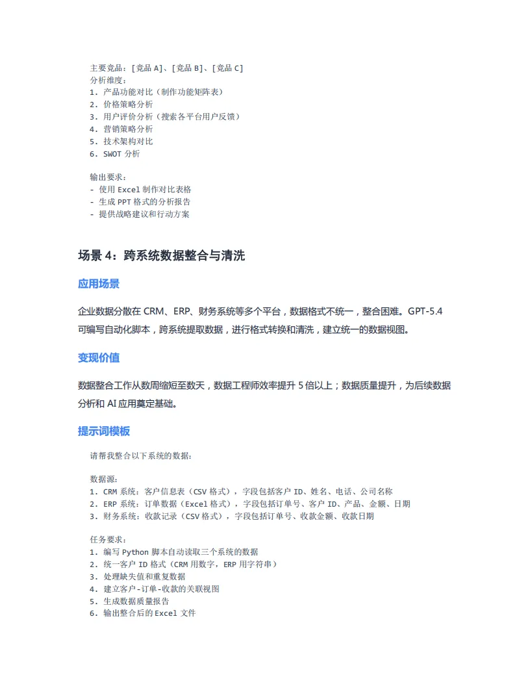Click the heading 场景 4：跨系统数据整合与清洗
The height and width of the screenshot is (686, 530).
pyautogui.click(x=161, y=256)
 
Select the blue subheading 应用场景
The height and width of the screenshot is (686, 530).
pyautogui.click(x=99, y=284)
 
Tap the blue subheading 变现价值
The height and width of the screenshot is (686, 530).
pyautogui.click(x=99, y=358)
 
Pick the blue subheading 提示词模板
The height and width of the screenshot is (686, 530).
pyautogui.click(x=104, y=431)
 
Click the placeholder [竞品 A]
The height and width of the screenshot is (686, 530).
pyautogui.click(x=149, y=68)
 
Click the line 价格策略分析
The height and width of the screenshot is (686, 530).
pyautogui.click(x=128, y=105)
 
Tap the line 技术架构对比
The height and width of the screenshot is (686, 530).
pyautogui.click(x=128, y=142)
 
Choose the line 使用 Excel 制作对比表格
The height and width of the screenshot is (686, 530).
pyautogui.click(x=145, y=189)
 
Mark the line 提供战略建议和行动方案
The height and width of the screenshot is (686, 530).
pyautogui.click(x=144, y=214)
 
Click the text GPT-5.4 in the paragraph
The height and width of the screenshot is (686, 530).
pyautogui.click(x=425, y=311)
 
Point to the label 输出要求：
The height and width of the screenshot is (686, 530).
pyautogui.click(x=108, y=177)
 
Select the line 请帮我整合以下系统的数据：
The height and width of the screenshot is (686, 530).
pyautogui.click(x=141, y=455)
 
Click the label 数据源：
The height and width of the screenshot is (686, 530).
pyautogui.click(x=104, y=479)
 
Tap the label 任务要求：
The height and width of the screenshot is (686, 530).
pyautogui.click(x=108, y=539)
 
